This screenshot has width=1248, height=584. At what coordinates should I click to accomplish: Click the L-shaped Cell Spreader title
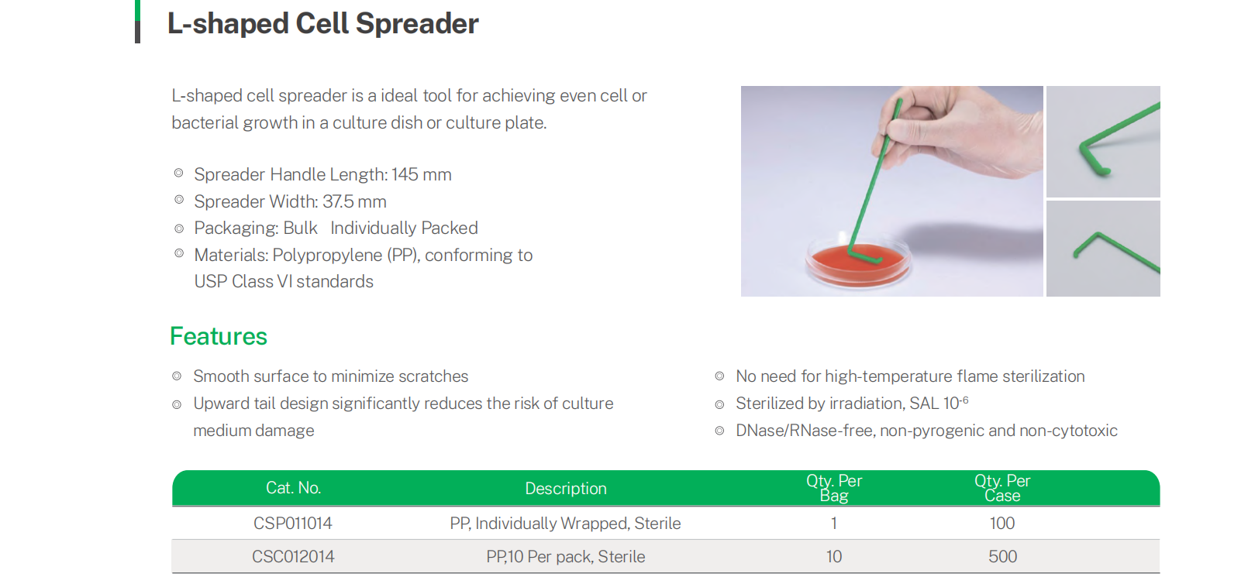(x=322, y=24)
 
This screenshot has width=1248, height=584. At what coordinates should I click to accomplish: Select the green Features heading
(x=219, y=336)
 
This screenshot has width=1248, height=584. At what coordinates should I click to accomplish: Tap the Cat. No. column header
(x=293, y=488)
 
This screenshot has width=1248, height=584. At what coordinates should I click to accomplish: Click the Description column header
(x=566, y=488)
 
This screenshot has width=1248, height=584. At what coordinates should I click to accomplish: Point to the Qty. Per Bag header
(x=834, y=488)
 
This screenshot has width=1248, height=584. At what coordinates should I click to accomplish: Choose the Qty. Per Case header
(x=1002, y=488)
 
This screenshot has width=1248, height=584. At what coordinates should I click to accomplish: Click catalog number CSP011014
(x=292, y=524)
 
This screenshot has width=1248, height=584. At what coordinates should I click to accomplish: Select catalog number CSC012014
(x=293, y=557)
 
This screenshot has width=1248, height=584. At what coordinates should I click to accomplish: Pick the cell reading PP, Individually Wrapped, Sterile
(x=566, y=524)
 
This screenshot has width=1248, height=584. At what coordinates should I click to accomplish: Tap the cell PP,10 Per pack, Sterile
(x=566, y=557)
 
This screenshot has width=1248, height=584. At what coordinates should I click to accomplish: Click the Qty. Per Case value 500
(x=1003, y=557)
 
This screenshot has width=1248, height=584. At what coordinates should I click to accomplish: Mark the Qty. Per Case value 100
(x=1002, y=524)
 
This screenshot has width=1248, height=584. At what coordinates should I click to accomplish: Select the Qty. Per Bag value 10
(x=834, y=557)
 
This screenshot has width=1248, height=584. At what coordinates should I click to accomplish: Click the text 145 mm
(x=421, y=175)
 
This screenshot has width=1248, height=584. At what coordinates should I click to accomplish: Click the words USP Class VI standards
(x=284, y=282)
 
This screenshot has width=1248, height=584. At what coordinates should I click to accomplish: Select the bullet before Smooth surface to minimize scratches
(x=177, y=376)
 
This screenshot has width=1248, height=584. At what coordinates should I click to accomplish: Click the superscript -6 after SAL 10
(x=964, y=400)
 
